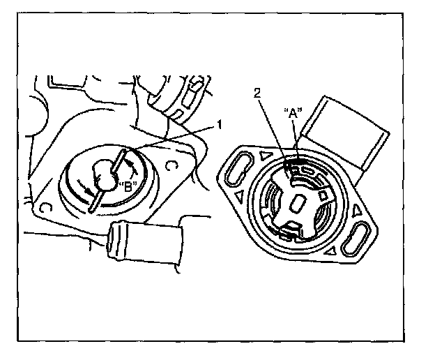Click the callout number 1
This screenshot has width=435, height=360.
coord(219,125)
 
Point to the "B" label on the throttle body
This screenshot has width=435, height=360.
coord(127,186)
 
